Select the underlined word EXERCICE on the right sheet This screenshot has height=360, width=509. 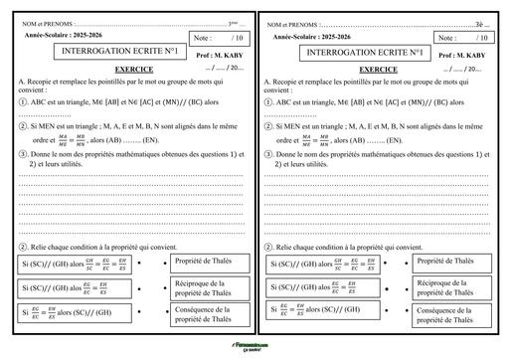378,69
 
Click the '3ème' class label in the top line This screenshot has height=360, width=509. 234,22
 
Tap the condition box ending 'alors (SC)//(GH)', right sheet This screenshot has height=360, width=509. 322,312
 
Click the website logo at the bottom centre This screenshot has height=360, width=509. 254,349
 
